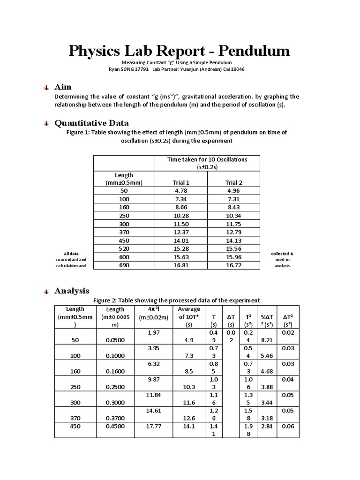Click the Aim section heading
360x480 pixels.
63,87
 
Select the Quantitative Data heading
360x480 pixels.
92,123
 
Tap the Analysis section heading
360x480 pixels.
72,291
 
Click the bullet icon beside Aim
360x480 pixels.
45,88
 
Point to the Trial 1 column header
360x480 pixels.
181,182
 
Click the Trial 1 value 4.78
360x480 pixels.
181,191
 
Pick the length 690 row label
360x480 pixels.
124,265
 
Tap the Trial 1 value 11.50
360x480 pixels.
181,224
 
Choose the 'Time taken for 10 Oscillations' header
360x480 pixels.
207,159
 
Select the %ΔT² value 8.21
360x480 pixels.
266,340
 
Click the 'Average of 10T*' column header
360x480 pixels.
189,316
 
